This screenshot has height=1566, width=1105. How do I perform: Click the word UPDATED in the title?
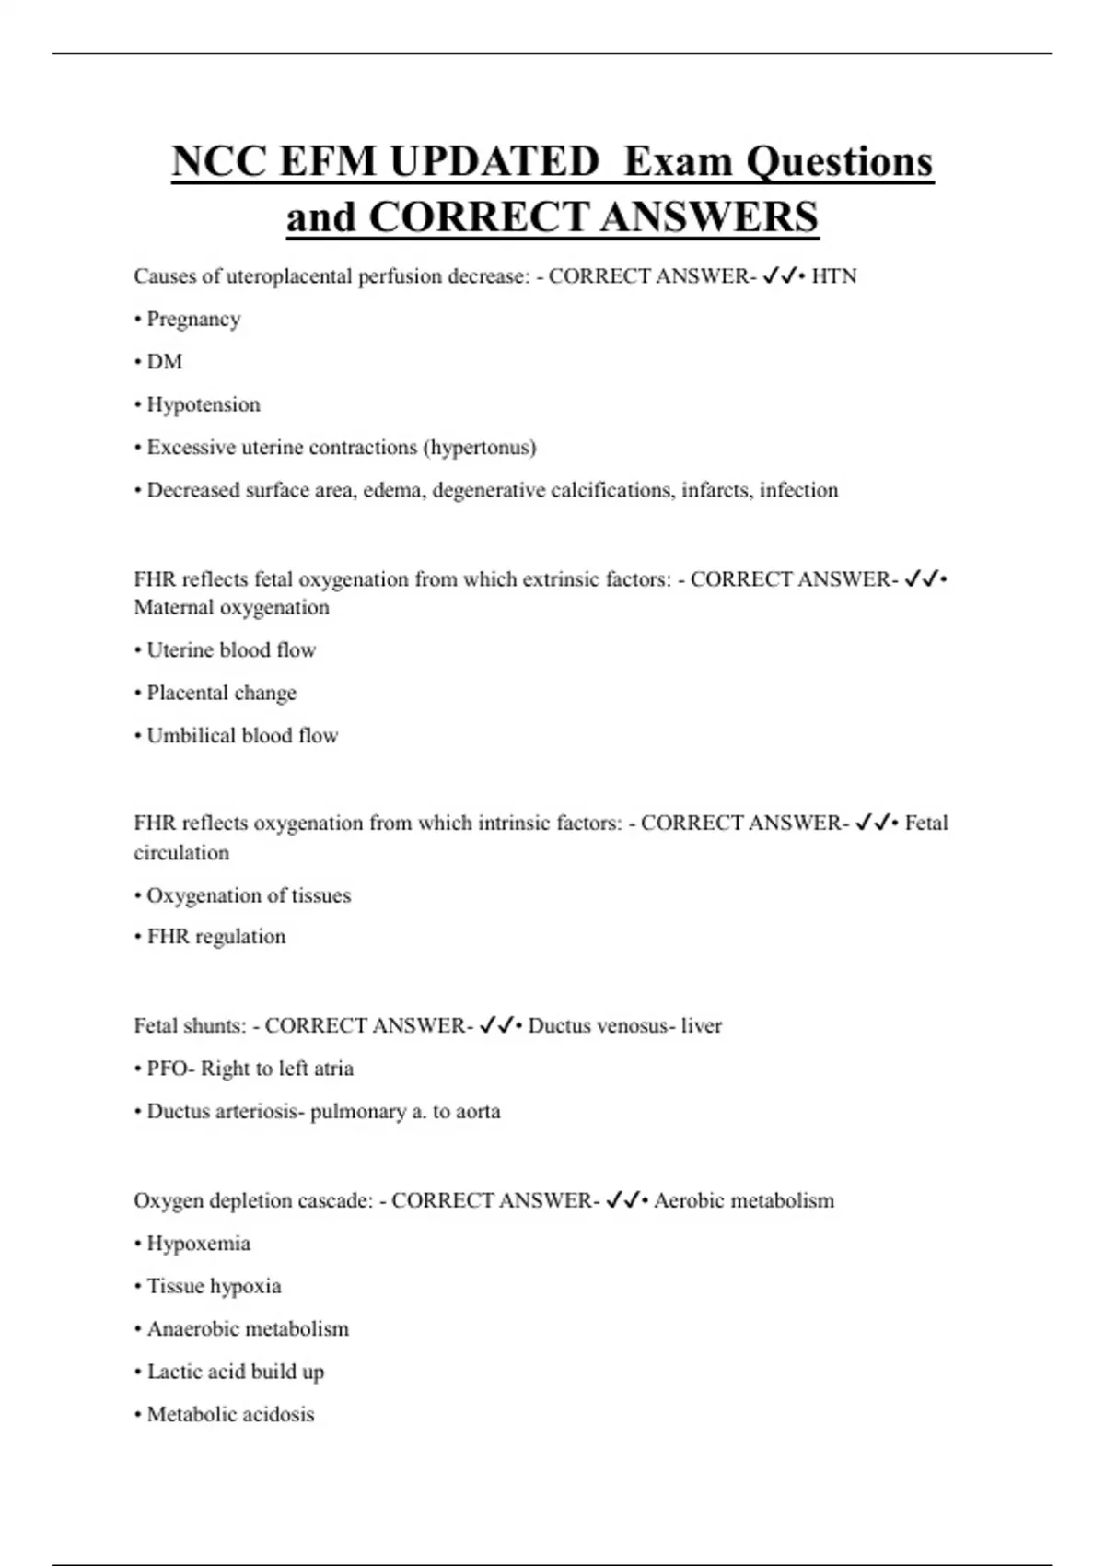click(494, 162)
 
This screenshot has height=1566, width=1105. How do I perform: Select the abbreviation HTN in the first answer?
click(833, 276)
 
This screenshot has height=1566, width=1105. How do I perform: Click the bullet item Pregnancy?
click(193, 320)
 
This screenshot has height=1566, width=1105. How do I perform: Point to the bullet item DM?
click(164, 362)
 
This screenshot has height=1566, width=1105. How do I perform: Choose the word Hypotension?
click(204, 404)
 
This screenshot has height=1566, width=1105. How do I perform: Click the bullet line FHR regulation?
click(215, 937)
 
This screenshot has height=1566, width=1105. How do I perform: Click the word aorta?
click(479, 1112)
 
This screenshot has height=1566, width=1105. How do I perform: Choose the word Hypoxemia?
click(199, 1244)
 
